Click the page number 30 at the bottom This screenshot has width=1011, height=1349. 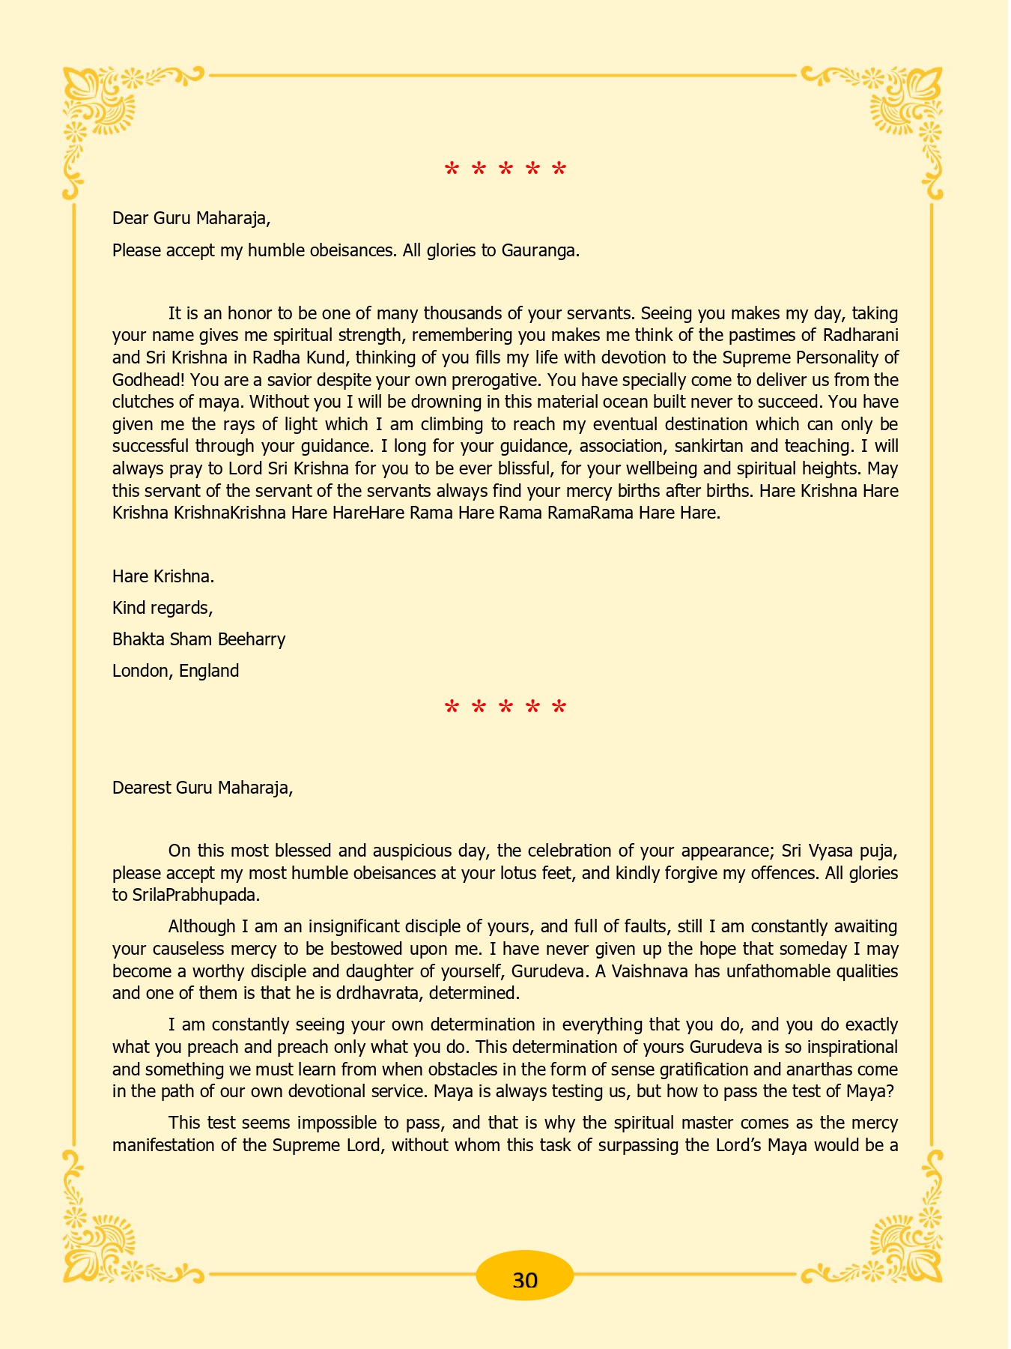(525, 1279)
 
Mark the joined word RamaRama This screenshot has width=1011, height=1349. (591, 513)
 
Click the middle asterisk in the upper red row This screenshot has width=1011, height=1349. (506, 170)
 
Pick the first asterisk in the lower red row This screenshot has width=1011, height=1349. (452, 707)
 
